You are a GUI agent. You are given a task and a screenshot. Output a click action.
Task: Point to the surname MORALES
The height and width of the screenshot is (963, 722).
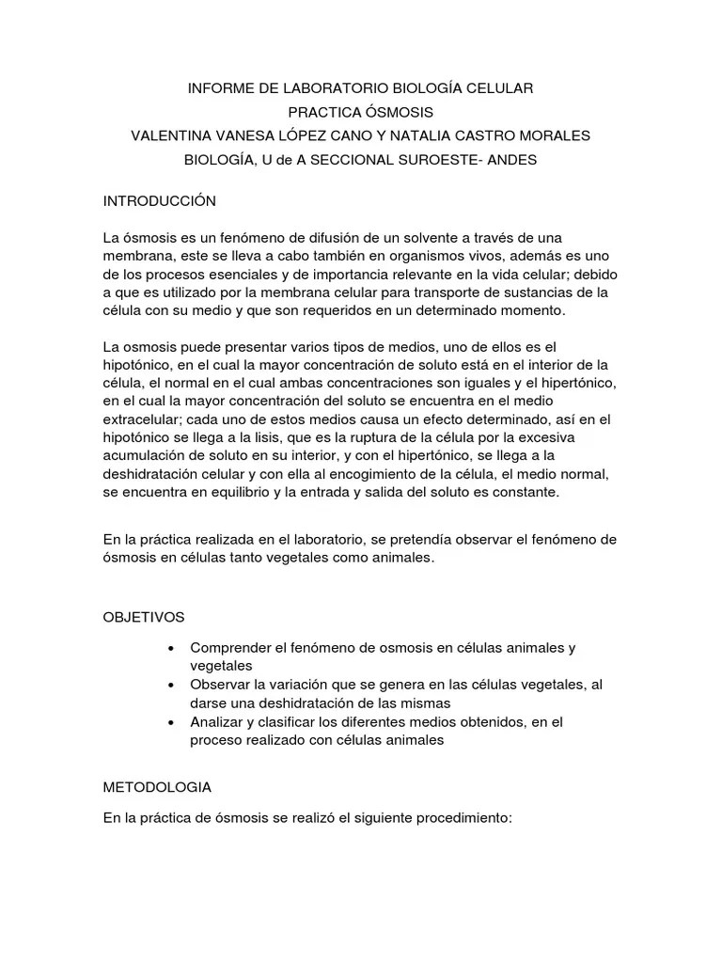pos(554,135)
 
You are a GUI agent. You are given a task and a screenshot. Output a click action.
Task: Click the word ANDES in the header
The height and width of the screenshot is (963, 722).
pos(516,160)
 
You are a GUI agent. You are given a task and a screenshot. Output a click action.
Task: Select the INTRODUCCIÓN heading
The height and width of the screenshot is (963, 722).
pos(159,201)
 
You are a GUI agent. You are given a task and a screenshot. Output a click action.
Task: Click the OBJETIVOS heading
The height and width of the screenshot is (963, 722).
pos(144,617)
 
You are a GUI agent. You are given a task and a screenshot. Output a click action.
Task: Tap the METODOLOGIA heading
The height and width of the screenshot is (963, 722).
pos(157,786)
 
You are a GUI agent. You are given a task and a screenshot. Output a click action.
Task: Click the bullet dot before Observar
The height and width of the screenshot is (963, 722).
pos(170,685)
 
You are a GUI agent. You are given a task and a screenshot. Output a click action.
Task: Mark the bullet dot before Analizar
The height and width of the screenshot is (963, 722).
pos(170,722)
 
